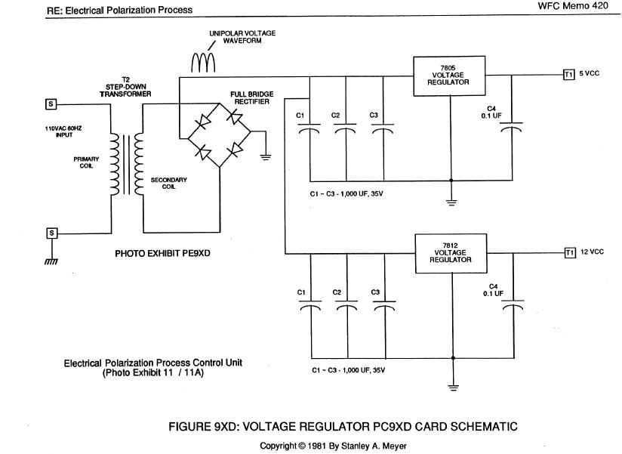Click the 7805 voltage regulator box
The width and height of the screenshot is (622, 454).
tap(449, 76)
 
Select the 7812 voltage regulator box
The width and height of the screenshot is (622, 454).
tap(451, 253)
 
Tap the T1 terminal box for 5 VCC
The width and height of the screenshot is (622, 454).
tap(569, 74)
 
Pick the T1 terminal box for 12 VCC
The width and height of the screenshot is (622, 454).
tap(570, 252)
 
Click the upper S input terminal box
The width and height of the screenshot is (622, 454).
tap(51, 104)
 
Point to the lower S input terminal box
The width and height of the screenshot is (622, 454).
tap(51, 233)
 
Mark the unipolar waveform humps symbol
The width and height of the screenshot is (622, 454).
tap(203, 62)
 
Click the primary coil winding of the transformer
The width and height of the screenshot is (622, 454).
tap(115, 164)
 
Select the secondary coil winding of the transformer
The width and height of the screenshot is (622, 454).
tap(139, 164)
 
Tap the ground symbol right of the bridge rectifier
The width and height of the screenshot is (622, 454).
tap(266, 156)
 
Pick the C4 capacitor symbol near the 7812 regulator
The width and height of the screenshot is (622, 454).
tap(513, 304)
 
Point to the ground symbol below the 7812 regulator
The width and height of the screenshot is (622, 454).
tap(453, 388)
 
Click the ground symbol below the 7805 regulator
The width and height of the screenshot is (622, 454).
tap(451, 202)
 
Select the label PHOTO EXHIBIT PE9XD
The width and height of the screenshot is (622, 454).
tap(162, 253)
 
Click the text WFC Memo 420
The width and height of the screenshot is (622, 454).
tap(573, 5)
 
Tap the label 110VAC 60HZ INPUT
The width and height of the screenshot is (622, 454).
tap(63, 131)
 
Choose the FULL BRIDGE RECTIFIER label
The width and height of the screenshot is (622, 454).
tap(252, 97)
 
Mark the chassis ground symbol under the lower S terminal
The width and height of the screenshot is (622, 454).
tap(51, 261)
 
